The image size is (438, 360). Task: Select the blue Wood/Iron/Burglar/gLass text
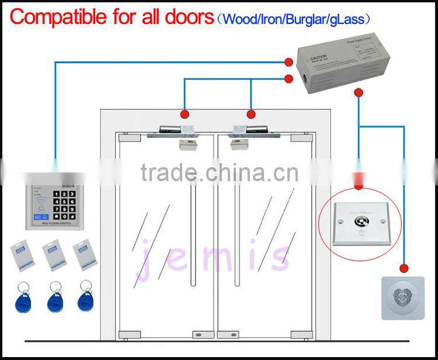point(294,19)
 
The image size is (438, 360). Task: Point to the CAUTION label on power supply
point(320,59)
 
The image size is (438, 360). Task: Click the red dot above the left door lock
point(185,114)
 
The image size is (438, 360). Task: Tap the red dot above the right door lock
point(252,114)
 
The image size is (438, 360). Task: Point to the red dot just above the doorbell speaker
point(403,268)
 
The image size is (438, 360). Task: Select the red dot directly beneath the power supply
point(359,92)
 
